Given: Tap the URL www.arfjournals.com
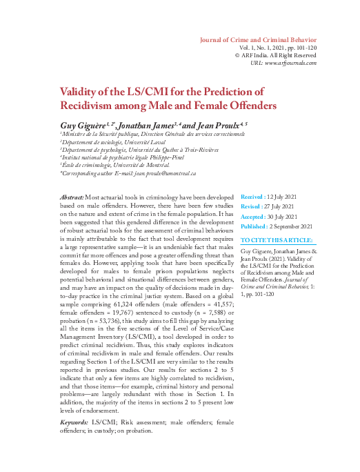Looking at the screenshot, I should [x=292, y=63].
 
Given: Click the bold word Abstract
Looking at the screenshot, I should [x=72, y=197].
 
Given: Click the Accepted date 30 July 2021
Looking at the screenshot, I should [x=279, y=216].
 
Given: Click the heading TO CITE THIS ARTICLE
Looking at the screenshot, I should [x=277, y=240].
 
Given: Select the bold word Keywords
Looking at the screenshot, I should [x=74, y=421].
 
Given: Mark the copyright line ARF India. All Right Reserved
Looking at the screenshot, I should [x=279, y=55].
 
